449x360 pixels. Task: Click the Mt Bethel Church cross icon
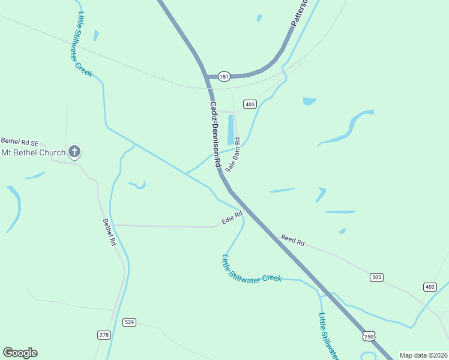[x=74, y=152]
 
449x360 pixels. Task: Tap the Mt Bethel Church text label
[x=33, y=152]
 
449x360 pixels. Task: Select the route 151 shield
[x=224, y=76]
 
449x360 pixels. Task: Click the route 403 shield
[x=250, y=104]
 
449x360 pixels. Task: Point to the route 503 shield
[x=376, y=277]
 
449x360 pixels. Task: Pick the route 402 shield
[x=429, y=287]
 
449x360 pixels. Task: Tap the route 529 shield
[x=129, y=322]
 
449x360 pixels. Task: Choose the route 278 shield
[x=104, y=334]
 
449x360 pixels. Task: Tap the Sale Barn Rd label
[x=233, y=155]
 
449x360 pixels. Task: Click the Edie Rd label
[x=232, y=217]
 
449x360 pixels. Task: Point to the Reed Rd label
[x=293, y=241]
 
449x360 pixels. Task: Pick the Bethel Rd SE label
[x=19, y=143]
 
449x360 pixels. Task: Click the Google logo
[x=20, y=353]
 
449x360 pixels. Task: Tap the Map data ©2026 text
[x=423, y=355]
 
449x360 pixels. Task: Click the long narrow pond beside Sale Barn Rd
[x=231, y=130]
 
